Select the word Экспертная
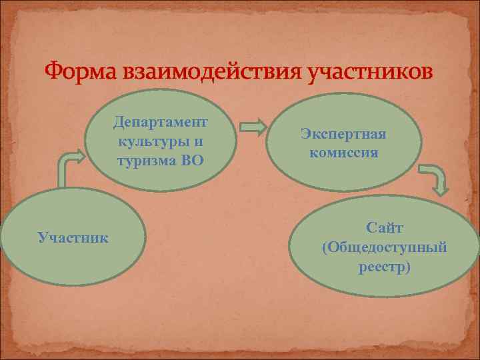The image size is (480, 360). [x=343, y=134]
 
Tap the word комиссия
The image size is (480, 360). [x=343, y=152]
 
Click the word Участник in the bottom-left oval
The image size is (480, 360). [x=74, y=237]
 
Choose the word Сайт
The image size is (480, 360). [x=385, y=229]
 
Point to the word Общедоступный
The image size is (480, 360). [x=387, y=248]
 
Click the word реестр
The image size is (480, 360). [x=381, y=267]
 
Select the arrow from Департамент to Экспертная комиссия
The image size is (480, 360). [x=253, y=126]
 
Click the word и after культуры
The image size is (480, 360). [x=199, y=141]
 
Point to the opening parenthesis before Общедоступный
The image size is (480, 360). [x=325, y=249]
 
